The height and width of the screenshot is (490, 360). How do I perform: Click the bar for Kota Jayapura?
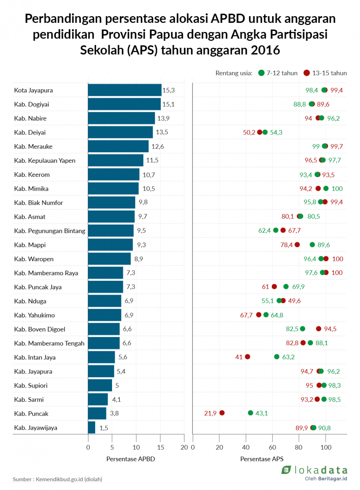point(125,90)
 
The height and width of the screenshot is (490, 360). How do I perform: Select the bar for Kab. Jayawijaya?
point(91,428)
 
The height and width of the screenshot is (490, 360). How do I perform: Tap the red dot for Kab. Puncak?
point(222,413)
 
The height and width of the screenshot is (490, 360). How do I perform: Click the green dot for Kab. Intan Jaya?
point(277,357)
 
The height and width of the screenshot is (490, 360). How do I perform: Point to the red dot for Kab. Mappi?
point(297,245)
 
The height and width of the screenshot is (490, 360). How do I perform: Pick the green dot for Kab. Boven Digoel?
point(303,329)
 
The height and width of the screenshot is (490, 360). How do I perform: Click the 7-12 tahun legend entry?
point(278,73)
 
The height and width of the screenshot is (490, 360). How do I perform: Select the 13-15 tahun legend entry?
point(325,73)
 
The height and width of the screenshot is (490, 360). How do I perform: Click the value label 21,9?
point(210,414)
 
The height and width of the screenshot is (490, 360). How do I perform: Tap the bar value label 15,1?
point(168,104)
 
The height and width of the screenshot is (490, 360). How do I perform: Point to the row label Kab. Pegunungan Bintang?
point(50,231)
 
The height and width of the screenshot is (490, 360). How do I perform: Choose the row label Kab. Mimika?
point(31,189)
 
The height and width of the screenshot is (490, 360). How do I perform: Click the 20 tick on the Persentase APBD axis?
point(184,447)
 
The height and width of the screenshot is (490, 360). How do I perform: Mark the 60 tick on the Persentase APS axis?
point(272,447)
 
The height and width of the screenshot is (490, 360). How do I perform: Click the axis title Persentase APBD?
point(130,459)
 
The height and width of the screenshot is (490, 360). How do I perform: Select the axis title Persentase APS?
point(262,459)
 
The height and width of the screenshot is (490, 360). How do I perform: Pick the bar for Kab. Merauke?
point(118,146)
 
